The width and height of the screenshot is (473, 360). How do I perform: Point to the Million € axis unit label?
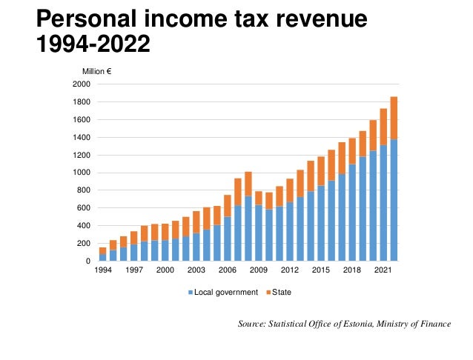point(96,72)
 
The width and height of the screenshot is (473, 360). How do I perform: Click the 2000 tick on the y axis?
point(82,84)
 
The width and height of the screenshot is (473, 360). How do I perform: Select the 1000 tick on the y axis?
point(82,173)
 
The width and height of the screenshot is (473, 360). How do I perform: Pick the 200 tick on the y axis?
point(84,244)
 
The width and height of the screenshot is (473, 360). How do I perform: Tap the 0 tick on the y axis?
point(87,261)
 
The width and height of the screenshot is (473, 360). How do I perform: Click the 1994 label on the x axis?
point(102,271)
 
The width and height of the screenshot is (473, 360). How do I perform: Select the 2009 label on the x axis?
point(258,271)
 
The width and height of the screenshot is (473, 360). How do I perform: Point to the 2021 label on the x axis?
point(382,271)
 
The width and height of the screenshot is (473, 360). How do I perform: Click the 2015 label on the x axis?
point(320,271)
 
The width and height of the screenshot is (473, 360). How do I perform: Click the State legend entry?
point(281,293)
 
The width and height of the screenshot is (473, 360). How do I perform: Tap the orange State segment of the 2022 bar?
point(393,118)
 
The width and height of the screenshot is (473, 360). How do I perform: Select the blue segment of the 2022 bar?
point(393,200)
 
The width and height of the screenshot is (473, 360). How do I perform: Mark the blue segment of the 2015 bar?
point(320,223)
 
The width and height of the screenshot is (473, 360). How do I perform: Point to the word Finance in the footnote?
point(434,324)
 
